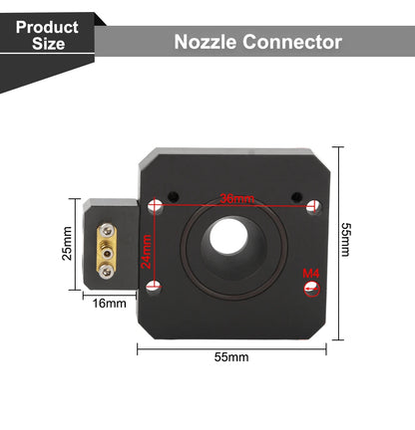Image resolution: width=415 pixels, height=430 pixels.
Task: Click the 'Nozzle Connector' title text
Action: coord(257,42)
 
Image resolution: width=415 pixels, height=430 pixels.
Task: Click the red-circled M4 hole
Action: coord(312,289)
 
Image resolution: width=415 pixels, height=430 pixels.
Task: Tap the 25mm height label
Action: coord(67,243)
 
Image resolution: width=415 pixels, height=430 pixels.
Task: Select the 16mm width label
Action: coord(108,303)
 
